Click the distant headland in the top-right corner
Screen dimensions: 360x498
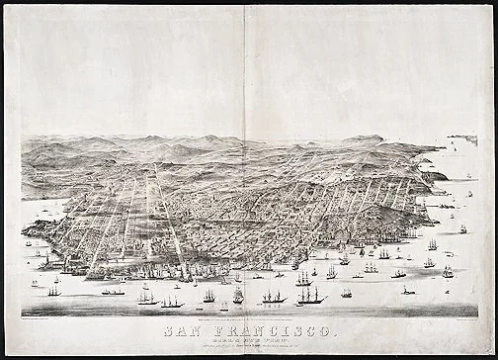coord(462,139)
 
